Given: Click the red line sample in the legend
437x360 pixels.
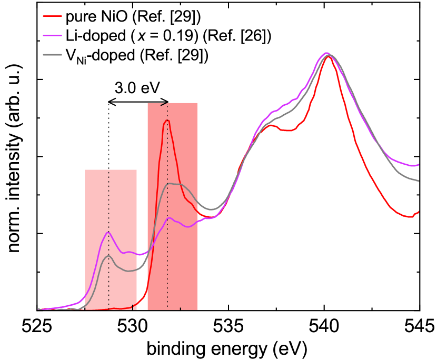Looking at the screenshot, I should (x=52, y=16).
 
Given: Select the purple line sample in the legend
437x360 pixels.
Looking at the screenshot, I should (x=52, y=36).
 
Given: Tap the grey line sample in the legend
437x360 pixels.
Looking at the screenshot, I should (x=52, y=55).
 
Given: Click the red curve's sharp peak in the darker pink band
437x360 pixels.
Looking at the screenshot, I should (x=167, y=121).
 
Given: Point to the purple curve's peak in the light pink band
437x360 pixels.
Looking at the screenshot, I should (x=108, y=232).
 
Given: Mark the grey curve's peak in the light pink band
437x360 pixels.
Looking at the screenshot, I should (x=108, y=256).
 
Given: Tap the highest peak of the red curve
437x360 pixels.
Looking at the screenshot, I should (x=328, y=56).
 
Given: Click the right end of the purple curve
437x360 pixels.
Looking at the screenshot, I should (x=419, y=165).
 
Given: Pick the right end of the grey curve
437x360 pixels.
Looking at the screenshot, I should (x=419, y=181).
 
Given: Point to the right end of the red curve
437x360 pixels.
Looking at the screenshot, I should (x=419, y=212).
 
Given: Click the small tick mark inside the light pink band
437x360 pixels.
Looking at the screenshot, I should (x=132, y=307).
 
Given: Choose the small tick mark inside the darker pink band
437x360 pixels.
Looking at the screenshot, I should (x=180, y=308).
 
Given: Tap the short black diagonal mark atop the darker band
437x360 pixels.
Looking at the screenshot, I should (x=164, y=104).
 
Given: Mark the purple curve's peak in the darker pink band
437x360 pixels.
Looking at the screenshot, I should (x=169, y=218).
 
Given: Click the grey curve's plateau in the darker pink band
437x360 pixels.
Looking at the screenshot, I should (x=174, y=184).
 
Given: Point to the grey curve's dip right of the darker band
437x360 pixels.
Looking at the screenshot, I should (x=211, y=209).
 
